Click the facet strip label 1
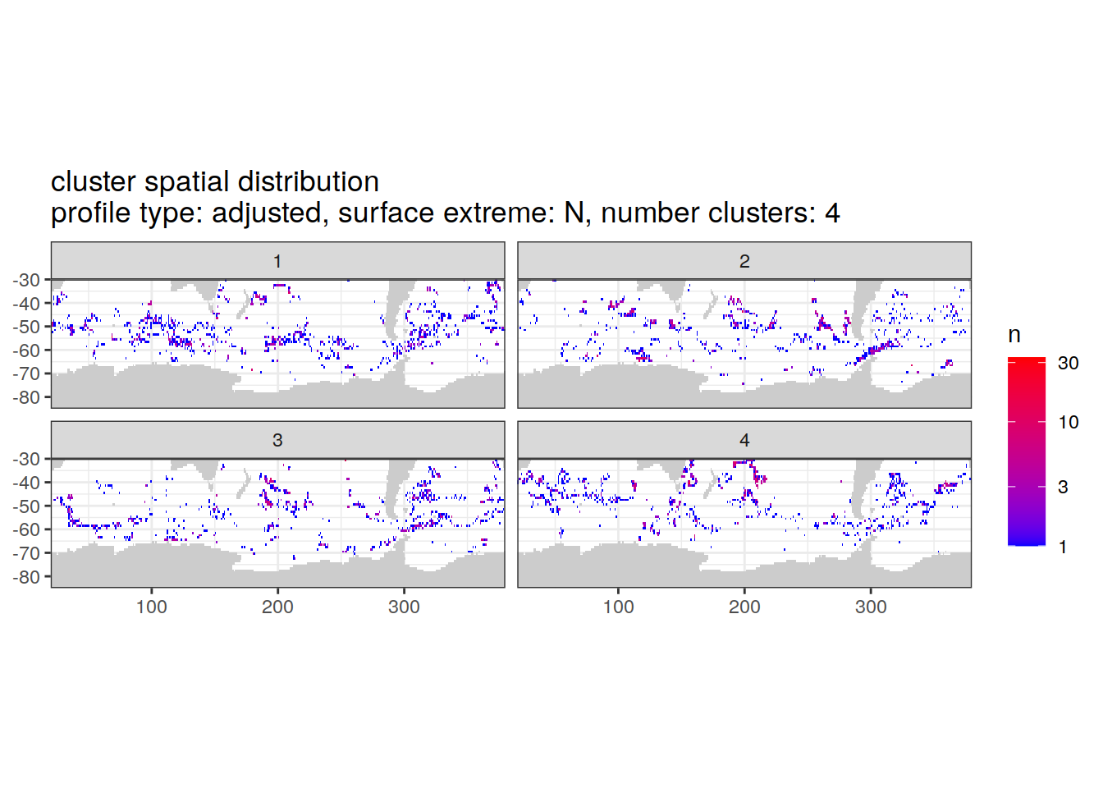(277, 261)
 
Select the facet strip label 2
(744, 261)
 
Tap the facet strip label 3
(277, 440)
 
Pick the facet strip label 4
(744, 440)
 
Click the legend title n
(1014, 335)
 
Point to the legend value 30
(1068, 363)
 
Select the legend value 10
(1068, 422)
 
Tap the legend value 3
(1063, 487)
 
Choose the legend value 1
(1063, 547)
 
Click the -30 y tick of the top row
(26, 280)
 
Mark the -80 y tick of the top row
(26, 397)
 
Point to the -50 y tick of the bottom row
(26, 506)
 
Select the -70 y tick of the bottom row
(26, 553)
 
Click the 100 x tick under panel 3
(151, 607)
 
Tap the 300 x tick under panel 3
(404, 607)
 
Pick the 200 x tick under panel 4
(744, 607)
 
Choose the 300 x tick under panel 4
(871, 607)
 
